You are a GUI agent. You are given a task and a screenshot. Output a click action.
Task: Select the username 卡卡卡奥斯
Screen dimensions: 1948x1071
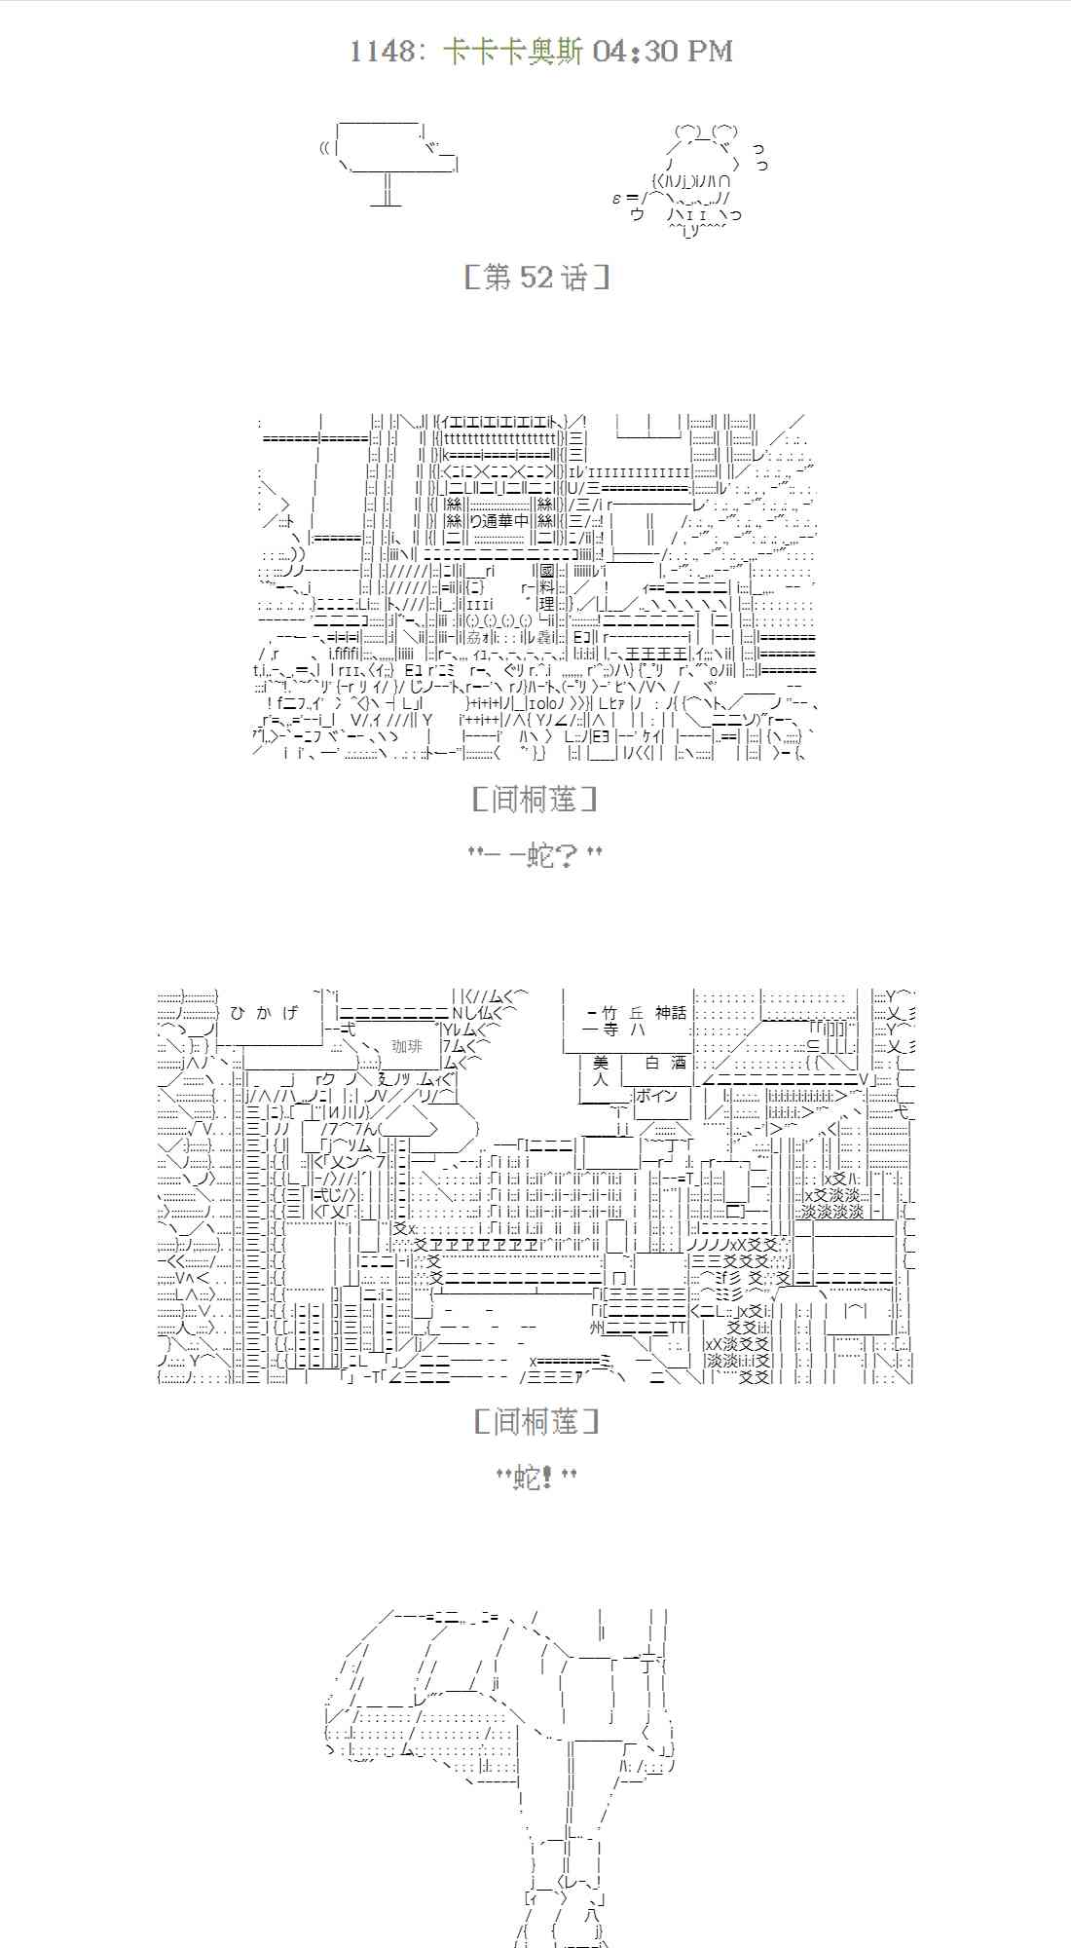512,51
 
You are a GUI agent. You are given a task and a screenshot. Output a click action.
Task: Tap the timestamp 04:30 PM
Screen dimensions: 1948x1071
662,51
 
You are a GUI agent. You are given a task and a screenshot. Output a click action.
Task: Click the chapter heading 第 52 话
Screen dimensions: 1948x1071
536,278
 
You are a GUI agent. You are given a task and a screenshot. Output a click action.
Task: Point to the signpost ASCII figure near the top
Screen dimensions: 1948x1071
388,161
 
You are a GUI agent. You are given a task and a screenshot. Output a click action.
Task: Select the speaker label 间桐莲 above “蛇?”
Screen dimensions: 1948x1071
535,800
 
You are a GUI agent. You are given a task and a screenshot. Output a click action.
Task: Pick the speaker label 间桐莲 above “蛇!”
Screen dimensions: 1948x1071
535,1421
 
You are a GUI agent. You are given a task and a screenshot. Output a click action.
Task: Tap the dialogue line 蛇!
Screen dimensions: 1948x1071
535,1478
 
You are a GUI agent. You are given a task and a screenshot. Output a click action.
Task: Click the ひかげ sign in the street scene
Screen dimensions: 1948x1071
264,1013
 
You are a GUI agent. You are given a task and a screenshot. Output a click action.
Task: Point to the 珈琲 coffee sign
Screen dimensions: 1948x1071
407,1046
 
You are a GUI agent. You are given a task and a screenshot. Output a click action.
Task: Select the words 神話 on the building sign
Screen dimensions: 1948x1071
670,1013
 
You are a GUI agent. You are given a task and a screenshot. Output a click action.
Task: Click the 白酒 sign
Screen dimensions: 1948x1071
666,1063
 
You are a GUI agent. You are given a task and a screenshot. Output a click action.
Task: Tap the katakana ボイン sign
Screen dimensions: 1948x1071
656,1096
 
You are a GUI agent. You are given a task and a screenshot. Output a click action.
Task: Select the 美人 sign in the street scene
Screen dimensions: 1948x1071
600,1070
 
